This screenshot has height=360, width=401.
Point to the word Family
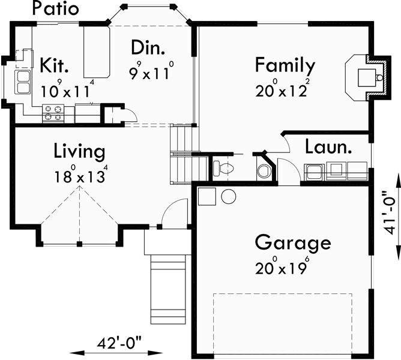[285, 64]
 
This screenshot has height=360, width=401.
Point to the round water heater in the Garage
[229, 196]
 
